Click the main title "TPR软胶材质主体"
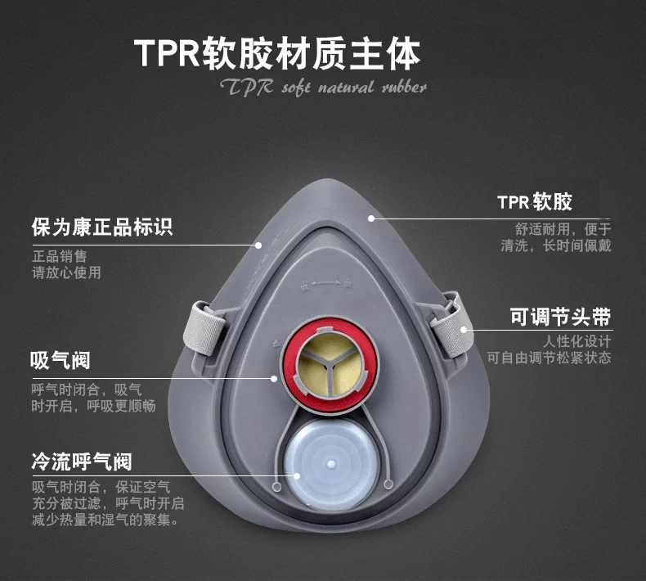click(277, 53)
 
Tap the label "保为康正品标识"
click(102, 227)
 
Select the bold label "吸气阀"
click(61, 360)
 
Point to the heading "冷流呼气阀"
click(81, 462)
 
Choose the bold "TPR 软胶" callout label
click(535, 201)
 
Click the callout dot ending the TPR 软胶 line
click(372, 218)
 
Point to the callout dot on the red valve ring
click(276, 378)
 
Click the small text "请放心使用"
click(66, 272)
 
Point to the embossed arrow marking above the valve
click(326, 283)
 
